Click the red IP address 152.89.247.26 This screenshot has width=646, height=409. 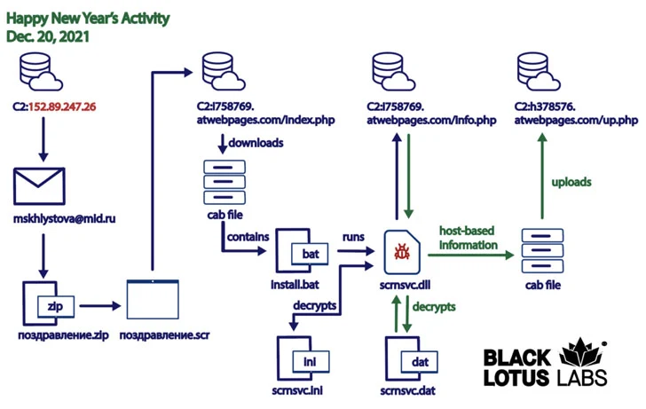(63, 107)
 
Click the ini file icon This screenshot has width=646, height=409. (297, 358)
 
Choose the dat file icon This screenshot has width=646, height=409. (407, 358)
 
